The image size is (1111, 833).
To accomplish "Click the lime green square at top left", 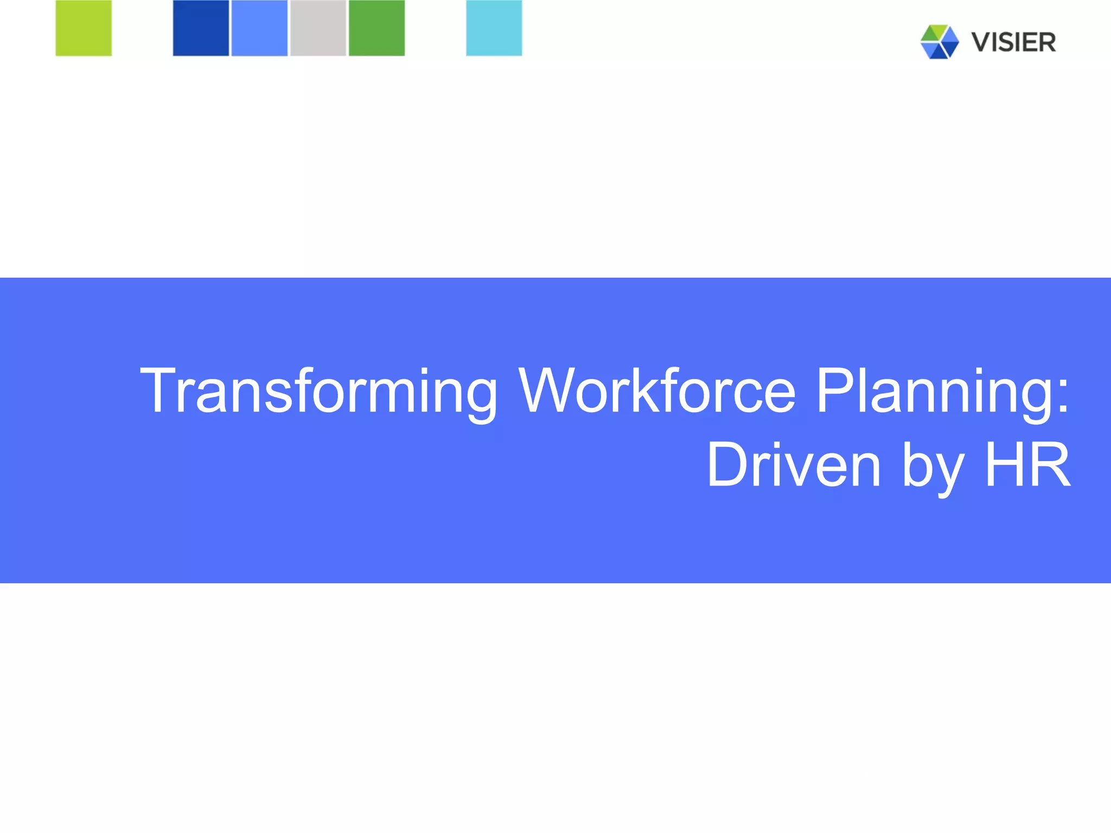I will click(x=84, y=28).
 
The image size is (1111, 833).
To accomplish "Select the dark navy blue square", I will click(x=201, y=28).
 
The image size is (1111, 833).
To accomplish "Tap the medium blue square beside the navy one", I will click(x=259, y=28).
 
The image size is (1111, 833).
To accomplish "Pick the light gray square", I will click(x=318, y=28).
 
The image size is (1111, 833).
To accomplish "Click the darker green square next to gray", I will click(x=376, y=28).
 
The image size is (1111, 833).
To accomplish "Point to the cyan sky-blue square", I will click(x=494, y=28).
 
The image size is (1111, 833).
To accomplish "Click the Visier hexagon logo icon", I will click(x=939, y=42).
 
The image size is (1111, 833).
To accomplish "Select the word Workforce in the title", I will click(x=657, y=390).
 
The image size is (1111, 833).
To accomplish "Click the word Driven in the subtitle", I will click(x=794, y=465).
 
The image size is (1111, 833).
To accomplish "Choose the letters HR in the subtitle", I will click(x=1027, y=465).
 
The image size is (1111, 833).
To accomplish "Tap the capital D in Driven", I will click(x=729, y=465).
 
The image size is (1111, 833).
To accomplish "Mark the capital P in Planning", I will click(x=835, y=390).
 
